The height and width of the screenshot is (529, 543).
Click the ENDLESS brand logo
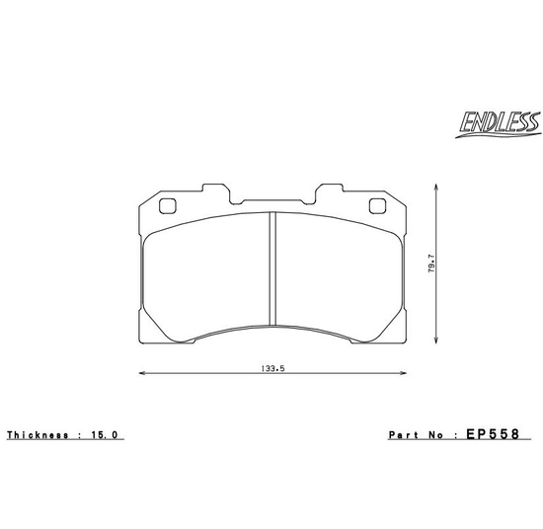pos(499,122)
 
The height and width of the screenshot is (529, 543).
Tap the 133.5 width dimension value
pos(272,367)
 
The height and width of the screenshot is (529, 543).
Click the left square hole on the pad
pos(166,207)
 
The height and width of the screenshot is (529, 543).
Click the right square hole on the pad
pos(377,207)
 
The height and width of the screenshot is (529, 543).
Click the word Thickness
pos(38,435)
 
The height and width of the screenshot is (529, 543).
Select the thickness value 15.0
pos(108,435)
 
